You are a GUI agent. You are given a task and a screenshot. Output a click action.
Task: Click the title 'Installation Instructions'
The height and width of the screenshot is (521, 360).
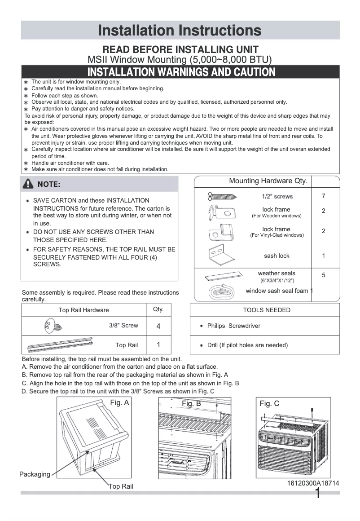[x=180, y=31]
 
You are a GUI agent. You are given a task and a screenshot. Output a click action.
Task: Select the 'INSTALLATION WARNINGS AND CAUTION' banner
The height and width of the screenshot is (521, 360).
[x=181, y=72]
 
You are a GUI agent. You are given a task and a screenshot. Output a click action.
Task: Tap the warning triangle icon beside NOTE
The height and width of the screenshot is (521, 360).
[x=29, y=184]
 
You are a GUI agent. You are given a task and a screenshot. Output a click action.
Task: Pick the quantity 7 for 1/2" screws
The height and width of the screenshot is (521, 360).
[x=324, y=196]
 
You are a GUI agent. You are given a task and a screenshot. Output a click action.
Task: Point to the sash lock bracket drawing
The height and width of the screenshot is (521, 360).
[x=221, y=256]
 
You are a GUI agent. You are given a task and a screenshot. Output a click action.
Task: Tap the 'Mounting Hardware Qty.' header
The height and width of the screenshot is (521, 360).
[x=268, y=181]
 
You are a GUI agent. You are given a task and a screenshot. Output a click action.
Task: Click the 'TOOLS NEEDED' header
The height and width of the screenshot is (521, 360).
[x=267, y=310]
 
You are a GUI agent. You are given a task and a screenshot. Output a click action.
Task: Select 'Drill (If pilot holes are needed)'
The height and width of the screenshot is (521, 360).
[x=247, y=345]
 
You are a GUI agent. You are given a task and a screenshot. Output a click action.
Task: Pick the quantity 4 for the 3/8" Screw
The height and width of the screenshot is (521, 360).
[x=158, y=327]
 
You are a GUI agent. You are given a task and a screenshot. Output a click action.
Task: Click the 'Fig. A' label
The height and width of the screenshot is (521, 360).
[x=119, y=403]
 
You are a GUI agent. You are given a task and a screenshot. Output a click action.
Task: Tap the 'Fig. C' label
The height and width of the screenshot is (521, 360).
[x=269, y=403]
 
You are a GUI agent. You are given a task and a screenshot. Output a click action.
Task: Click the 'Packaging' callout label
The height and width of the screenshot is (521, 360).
[x=35, y=474]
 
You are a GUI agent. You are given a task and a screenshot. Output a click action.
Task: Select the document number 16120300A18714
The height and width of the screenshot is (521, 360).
[x=313, y=483]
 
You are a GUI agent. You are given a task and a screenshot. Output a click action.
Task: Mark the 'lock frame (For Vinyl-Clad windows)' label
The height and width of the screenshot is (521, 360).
[x=277, y=232]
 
